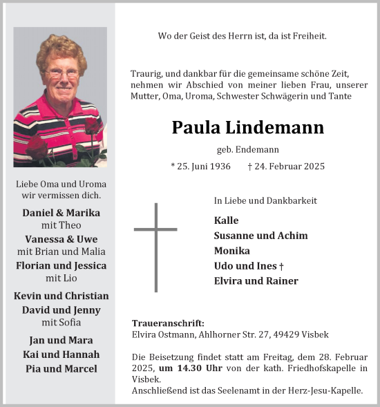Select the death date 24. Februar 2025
click(x=286, y=167)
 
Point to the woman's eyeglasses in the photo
click(x=62, y=73)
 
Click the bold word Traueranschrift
click(x=167, y=323)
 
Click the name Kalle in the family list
click(x=227, y=220)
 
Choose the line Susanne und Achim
click(x=261, y=236)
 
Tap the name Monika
click(x=232, y=251)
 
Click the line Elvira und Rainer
click(x=256, y=281)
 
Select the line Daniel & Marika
click(x=61, y=213)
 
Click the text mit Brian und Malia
click(x=61, y=252)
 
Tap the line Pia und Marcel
click(x=61, y=368)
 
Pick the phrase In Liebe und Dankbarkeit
click(x=265, y=200)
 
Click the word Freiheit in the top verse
click(x=307, y=35)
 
